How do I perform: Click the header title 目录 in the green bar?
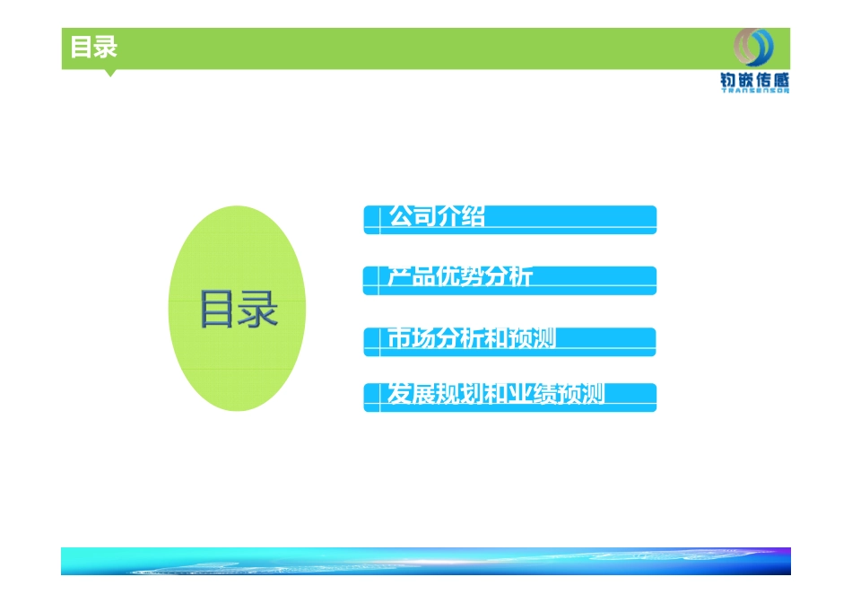(94, 48)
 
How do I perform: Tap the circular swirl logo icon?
(752, 47)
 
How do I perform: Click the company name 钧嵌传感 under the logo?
(754, 79)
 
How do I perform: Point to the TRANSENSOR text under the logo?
(754, 90)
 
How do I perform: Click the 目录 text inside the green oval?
(238, 310)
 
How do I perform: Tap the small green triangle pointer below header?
(110, 73)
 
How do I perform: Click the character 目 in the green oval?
(218, 310)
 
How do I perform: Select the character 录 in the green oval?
(258, 310)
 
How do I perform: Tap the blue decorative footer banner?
(426, 561)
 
